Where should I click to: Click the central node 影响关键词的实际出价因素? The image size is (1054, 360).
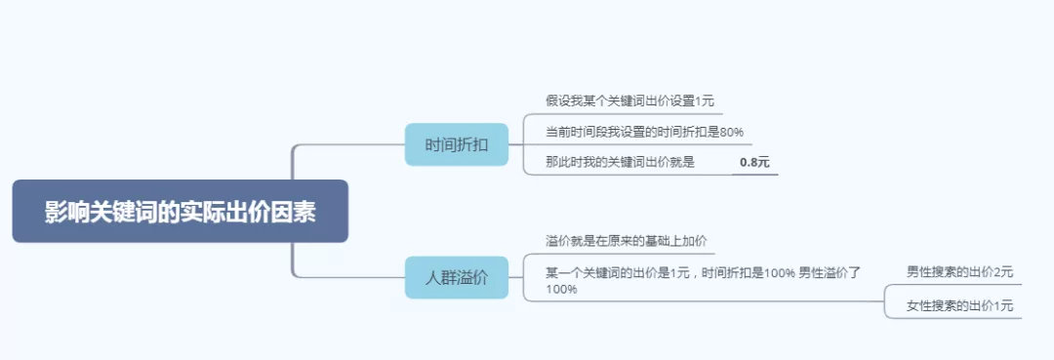(x=180, y=212)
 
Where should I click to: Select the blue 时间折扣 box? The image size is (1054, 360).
(x=457, y=145)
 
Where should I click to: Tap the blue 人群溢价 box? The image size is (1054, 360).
(x=457, y=278)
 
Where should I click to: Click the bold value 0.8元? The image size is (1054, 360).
(x=754, y=162)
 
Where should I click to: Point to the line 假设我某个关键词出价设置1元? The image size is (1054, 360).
(x=629, y=100)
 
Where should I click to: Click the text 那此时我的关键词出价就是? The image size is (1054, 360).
(x=620, y=162)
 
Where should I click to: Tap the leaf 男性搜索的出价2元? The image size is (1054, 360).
(x=959, y=271)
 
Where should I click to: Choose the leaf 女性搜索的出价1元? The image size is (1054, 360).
(x=959, y=306)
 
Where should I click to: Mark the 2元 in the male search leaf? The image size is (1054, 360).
(x=1002, y=271)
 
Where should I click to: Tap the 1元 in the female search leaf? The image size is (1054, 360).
(x=1002, y=306)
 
